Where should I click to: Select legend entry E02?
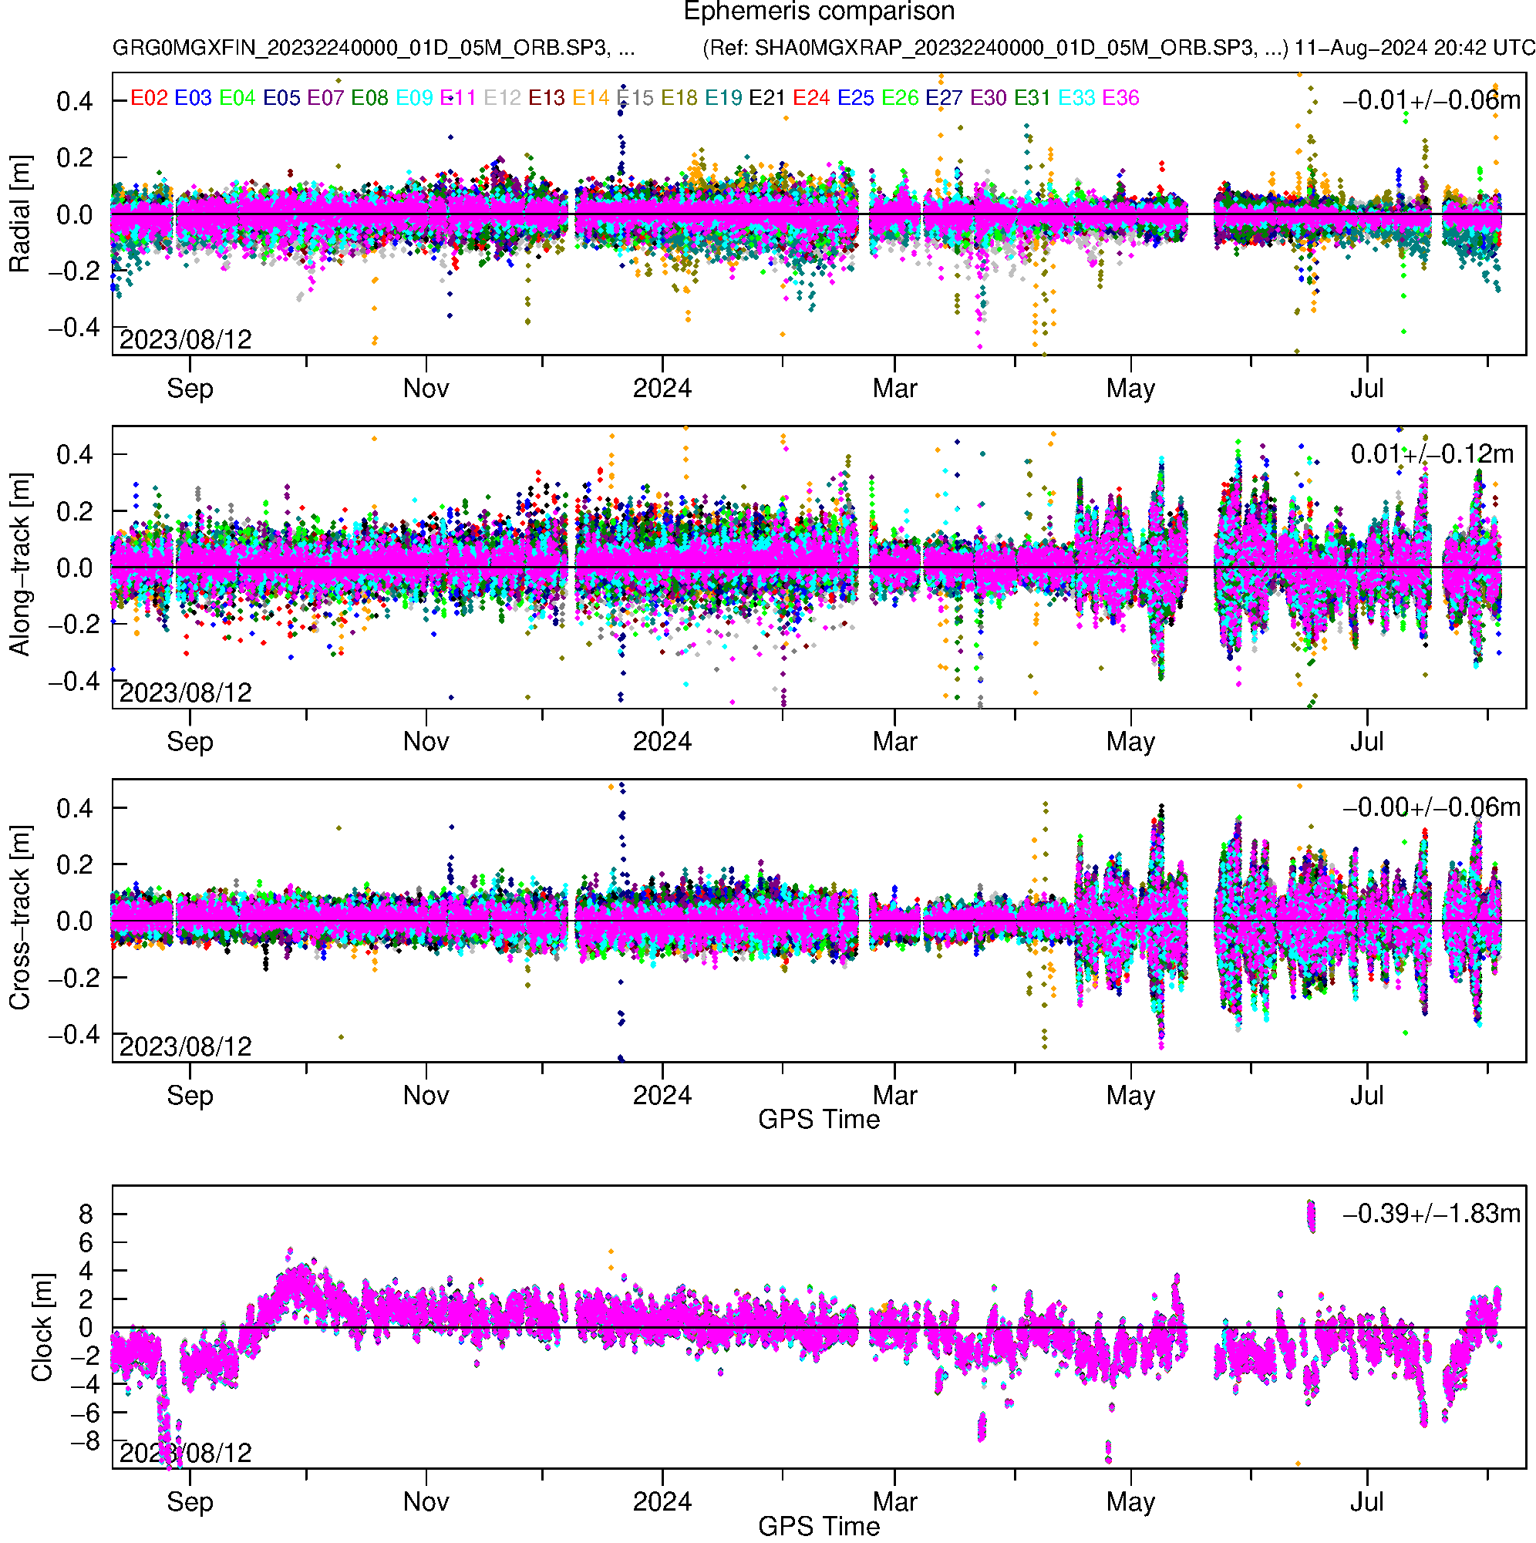[149, 98]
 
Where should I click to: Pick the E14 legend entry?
[591, 98]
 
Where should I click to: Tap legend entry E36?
[1120, 98]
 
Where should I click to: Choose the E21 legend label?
[766, 98]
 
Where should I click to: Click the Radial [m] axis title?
[19, 214]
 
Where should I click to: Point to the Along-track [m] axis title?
[19, 564]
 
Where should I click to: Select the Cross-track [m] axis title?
[19, 918]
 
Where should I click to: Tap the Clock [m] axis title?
[42, 1326]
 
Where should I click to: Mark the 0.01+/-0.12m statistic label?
[1431, 454]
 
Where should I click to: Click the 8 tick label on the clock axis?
[86, 1214]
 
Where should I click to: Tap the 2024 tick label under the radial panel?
[662, 389]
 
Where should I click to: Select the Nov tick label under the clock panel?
[426, 1501]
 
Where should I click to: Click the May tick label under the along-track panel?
[1130, 742]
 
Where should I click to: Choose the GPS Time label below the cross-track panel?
[819, 1120]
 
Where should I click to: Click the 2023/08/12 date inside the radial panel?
[185, 340]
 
